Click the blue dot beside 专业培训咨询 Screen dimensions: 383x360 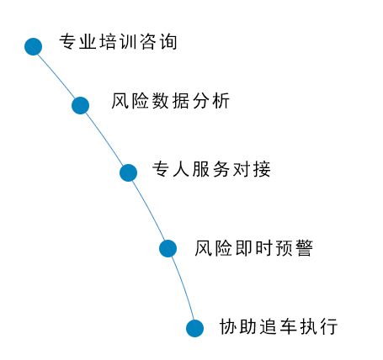click(33, 46)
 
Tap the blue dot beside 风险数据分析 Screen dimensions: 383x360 click(80, 105)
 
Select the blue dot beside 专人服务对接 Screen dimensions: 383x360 click(128, 172)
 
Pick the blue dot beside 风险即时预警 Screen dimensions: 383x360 click(168, 248)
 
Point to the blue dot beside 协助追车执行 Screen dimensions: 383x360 click(194, 328)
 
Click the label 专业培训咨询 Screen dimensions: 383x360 click(118, 42)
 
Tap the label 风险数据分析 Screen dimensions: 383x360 click(171, 101)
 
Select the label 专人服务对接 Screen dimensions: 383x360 click(211, 169)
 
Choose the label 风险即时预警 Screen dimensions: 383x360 click(254, 248)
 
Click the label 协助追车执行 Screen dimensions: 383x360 click(279, 326)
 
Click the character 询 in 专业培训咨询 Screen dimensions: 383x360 click(169, 42)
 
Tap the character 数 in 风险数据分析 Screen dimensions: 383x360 click(161, 101)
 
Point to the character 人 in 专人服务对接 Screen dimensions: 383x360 click(181, 169)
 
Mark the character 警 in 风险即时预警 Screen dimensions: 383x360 click(305, 248)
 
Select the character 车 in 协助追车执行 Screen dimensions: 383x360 click(289, 326)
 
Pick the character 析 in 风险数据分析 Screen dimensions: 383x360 click(221, 101)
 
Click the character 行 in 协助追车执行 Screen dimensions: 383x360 click(330, 326)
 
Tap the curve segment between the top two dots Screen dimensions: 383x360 click(57, 75)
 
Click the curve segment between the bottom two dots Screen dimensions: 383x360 click(184, 288)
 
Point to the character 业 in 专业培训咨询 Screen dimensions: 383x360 click(88, 42)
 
